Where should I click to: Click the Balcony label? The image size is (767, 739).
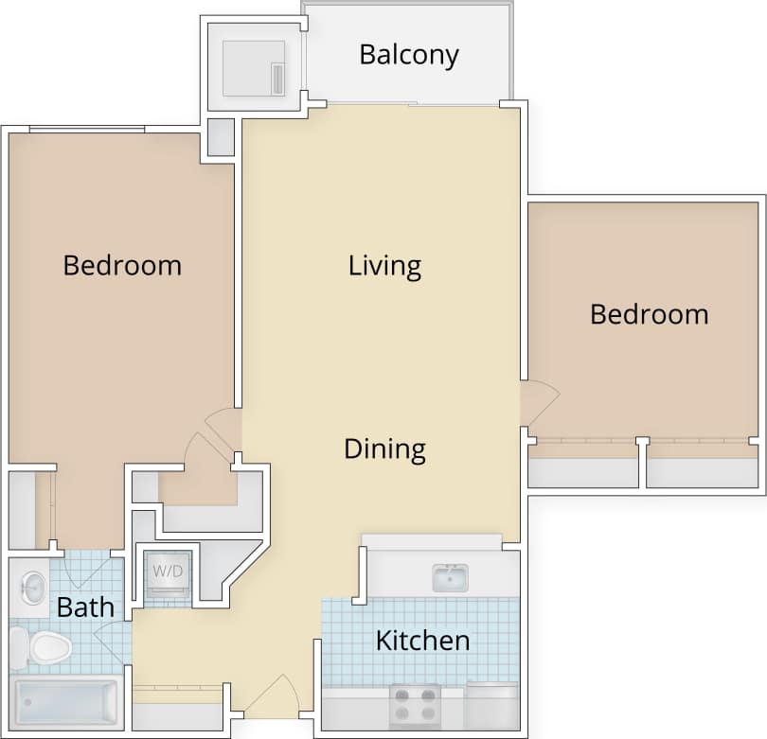pyautogui.click(x=408, y=55)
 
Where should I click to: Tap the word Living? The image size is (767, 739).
pyautogui.click(x=384, y=265)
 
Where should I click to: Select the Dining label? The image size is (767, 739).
pyautogui.click(x=384, y=449)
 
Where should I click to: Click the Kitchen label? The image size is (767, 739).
pyautogui.click(x=422, y=641)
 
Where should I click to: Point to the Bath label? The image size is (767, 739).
pyautogui.click(x=85, y=607)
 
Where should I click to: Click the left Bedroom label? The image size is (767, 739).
pyautogui.click(x=122, y=265)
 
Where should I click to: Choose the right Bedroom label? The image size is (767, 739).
pyautogui.click(x=649, y=313)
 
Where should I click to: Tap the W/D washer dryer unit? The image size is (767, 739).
pyautogui.click(x=168, y=573)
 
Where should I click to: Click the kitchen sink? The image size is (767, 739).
pyautogui.click(x=450, y=577)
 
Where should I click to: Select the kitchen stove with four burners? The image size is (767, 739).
pyautogui.click(x=415, y=705)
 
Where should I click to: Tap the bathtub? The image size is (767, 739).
pyautogui.click(x=64, y=702)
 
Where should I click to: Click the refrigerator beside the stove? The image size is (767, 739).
pyautogui.click(x=491, y=705)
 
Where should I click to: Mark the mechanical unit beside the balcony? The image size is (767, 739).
pyautogui.click(x=253, y=68)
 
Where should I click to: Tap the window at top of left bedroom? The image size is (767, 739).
pyautogui.click(x=86, y=130)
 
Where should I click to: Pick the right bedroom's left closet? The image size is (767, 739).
pyautogui.click(x=582, y=466)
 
